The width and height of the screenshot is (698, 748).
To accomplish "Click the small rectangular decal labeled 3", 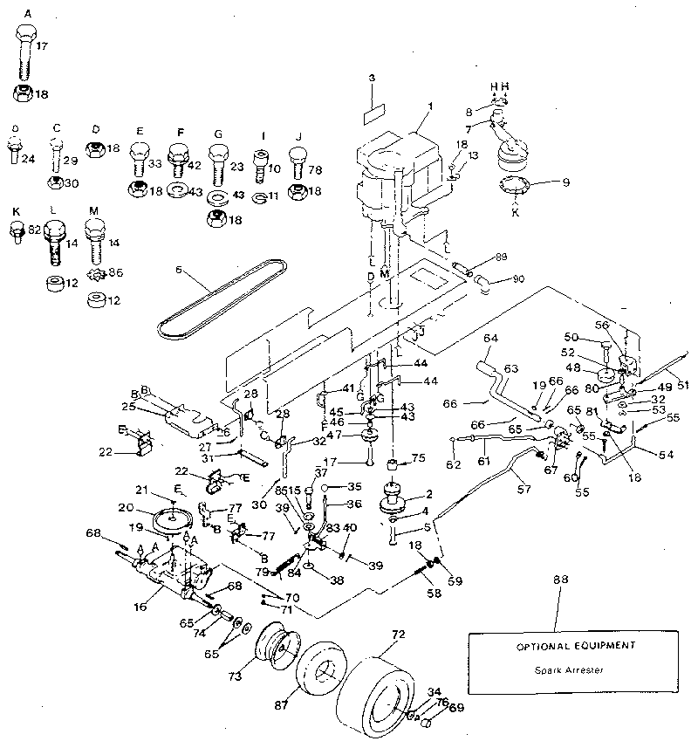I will tap(376, 113).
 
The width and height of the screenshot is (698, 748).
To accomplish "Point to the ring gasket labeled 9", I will tap(511, 187).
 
